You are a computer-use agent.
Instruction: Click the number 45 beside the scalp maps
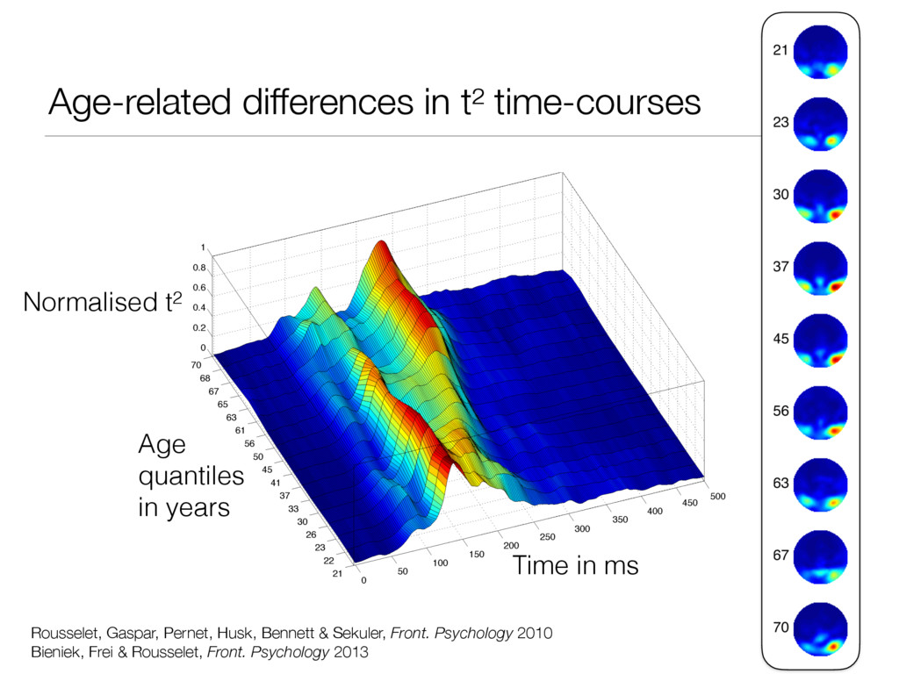(780, 338)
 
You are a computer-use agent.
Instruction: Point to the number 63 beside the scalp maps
(780, 483)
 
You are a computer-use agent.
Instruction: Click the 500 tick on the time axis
(718, 497)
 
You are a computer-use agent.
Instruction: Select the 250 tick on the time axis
(549, 537)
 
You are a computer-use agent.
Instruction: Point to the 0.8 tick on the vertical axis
(199, 268)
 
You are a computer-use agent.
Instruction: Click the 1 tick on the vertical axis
(203, 248)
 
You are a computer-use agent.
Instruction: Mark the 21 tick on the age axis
(335, 574)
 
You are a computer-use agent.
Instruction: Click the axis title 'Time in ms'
(574, 566)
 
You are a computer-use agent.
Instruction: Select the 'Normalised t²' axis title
(103, 303)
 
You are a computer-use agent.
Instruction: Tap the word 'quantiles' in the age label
(191, 477)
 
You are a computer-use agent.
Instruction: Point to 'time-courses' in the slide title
(598, 104)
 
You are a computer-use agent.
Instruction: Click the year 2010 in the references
(535, 633)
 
